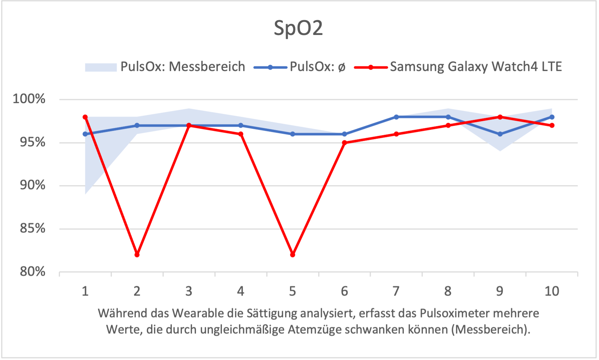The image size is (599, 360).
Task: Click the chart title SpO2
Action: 298,28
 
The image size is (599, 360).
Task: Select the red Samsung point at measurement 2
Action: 137,255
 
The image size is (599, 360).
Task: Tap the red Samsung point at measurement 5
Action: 292,255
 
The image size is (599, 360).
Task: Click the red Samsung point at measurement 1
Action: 85,117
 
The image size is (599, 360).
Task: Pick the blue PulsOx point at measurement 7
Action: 396,117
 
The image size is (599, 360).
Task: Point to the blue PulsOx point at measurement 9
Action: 500,134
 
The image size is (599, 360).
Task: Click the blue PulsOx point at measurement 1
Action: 85,134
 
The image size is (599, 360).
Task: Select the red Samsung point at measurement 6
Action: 344,143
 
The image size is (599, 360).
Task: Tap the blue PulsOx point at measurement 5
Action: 292,134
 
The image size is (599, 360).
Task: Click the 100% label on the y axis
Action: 29,99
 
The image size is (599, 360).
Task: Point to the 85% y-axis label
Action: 32,228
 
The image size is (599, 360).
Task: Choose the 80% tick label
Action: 32,271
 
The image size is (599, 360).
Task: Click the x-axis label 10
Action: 551,291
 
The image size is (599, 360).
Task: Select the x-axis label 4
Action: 241,291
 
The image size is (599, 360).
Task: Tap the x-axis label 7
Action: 396,291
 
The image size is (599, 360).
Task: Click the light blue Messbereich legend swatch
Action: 101,67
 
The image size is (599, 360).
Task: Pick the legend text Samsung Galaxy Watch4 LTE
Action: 476,67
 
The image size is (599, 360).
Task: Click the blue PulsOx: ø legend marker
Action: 271,67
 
